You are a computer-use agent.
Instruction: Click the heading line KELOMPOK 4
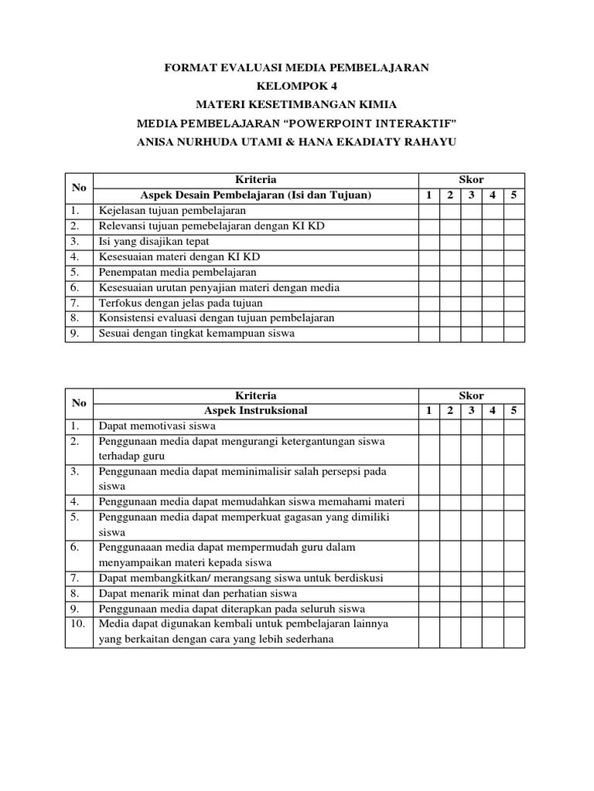tap(296, 86)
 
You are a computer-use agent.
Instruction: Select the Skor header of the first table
tap(471, 180)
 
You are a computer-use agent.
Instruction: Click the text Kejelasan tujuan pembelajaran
tap(172, 210)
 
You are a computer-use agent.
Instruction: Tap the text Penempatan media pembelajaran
tap(177, 272)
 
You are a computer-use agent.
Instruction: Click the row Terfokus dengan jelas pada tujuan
tap(180, 303)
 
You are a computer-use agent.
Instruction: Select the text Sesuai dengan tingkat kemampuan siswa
tap(196, 334)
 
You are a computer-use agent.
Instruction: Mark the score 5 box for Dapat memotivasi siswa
tap(514, 426)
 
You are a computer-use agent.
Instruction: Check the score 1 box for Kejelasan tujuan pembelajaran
tap(429, 210)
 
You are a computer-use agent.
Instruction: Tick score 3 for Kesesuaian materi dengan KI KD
tap(471, 256)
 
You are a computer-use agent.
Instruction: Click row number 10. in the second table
tap(78, 623)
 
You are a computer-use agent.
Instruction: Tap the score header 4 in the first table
tap(492, 195)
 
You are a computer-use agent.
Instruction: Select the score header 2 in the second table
tap(450, 411)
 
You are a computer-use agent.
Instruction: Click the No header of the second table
tap(78, 403)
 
